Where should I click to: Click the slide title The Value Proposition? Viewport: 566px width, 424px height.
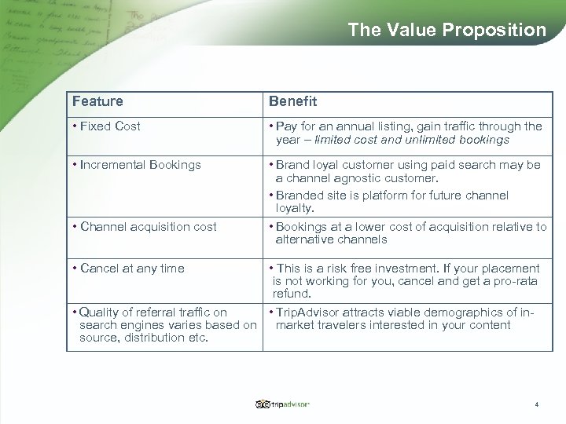coord(447,30)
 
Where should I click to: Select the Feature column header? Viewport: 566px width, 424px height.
coord(97,101)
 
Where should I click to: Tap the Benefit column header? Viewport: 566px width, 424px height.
coord(292,101)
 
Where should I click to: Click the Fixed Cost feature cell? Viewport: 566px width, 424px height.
coord(109,126)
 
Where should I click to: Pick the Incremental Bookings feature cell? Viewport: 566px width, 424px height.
coord(140,165)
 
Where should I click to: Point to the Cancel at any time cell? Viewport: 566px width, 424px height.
coord(132,269)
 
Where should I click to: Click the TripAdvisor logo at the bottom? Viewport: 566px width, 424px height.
coord(283,404)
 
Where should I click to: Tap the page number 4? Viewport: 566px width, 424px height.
coord(536,404)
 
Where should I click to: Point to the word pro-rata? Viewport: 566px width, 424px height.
coord(517,281)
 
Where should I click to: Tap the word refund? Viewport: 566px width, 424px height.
coord(292,294)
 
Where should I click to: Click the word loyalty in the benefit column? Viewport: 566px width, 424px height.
coord(295,208)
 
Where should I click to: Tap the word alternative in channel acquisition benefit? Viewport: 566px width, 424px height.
coord(305,239)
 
